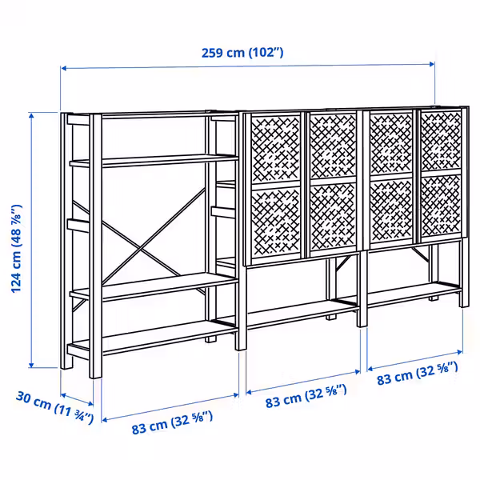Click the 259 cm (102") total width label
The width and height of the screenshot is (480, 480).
click(242, 53)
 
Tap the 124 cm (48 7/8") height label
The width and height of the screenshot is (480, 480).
click(16, 249)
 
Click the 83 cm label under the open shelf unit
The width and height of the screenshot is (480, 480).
click(172, 422)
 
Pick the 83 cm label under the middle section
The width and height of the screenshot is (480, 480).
click(306, 396)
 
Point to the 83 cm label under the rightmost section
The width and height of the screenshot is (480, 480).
click(418, 373)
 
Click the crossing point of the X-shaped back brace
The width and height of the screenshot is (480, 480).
click(141, 250)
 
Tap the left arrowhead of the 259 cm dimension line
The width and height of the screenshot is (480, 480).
click(63, 68)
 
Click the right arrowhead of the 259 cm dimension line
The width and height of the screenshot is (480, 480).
click(432, 64)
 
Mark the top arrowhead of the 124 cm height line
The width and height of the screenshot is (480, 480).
click(31, 114)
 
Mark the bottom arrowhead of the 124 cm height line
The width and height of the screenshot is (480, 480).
click(31, 365)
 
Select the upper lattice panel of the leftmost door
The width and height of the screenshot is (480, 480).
click(275, 149)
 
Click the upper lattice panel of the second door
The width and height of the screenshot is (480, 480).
click(333, 146)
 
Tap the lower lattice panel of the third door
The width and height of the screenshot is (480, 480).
click(391, 211)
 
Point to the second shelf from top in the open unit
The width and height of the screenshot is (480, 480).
click(154, 161)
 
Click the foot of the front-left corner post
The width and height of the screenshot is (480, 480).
click(95, 374)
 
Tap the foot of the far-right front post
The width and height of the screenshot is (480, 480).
click(464, 303)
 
